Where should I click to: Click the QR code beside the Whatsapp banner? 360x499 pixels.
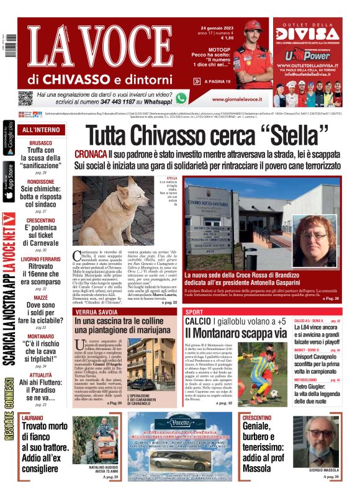[25, 98]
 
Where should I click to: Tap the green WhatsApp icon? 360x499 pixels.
[181, 98]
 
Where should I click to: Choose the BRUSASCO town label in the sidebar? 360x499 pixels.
[40, 143]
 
